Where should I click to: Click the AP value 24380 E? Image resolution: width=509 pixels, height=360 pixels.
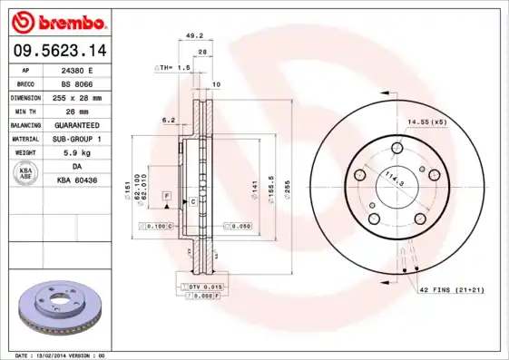point(77,69)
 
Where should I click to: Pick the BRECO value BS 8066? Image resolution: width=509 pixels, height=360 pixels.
point(77,83)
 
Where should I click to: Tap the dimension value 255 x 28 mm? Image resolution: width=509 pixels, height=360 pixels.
point(77,96)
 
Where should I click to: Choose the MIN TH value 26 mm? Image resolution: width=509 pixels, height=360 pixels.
point(77,110)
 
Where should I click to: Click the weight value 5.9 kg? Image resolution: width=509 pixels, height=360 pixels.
point(77,152)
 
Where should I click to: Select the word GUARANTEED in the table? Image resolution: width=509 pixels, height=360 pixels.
point(77,124)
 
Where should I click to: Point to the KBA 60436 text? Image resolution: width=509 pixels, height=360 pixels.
point(77,180)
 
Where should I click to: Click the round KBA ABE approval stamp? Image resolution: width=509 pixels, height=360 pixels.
point(24,173)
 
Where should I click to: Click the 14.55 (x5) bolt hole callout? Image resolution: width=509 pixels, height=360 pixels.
point(426,121)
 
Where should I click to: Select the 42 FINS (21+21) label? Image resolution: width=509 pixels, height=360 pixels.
point(452,289)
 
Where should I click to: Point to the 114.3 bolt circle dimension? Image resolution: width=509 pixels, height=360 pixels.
point(393,178)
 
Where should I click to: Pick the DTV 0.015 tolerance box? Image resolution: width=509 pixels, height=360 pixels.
point(202,287)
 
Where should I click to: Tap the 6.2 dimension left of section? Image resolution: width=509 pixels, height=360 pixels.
point(168,119)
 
